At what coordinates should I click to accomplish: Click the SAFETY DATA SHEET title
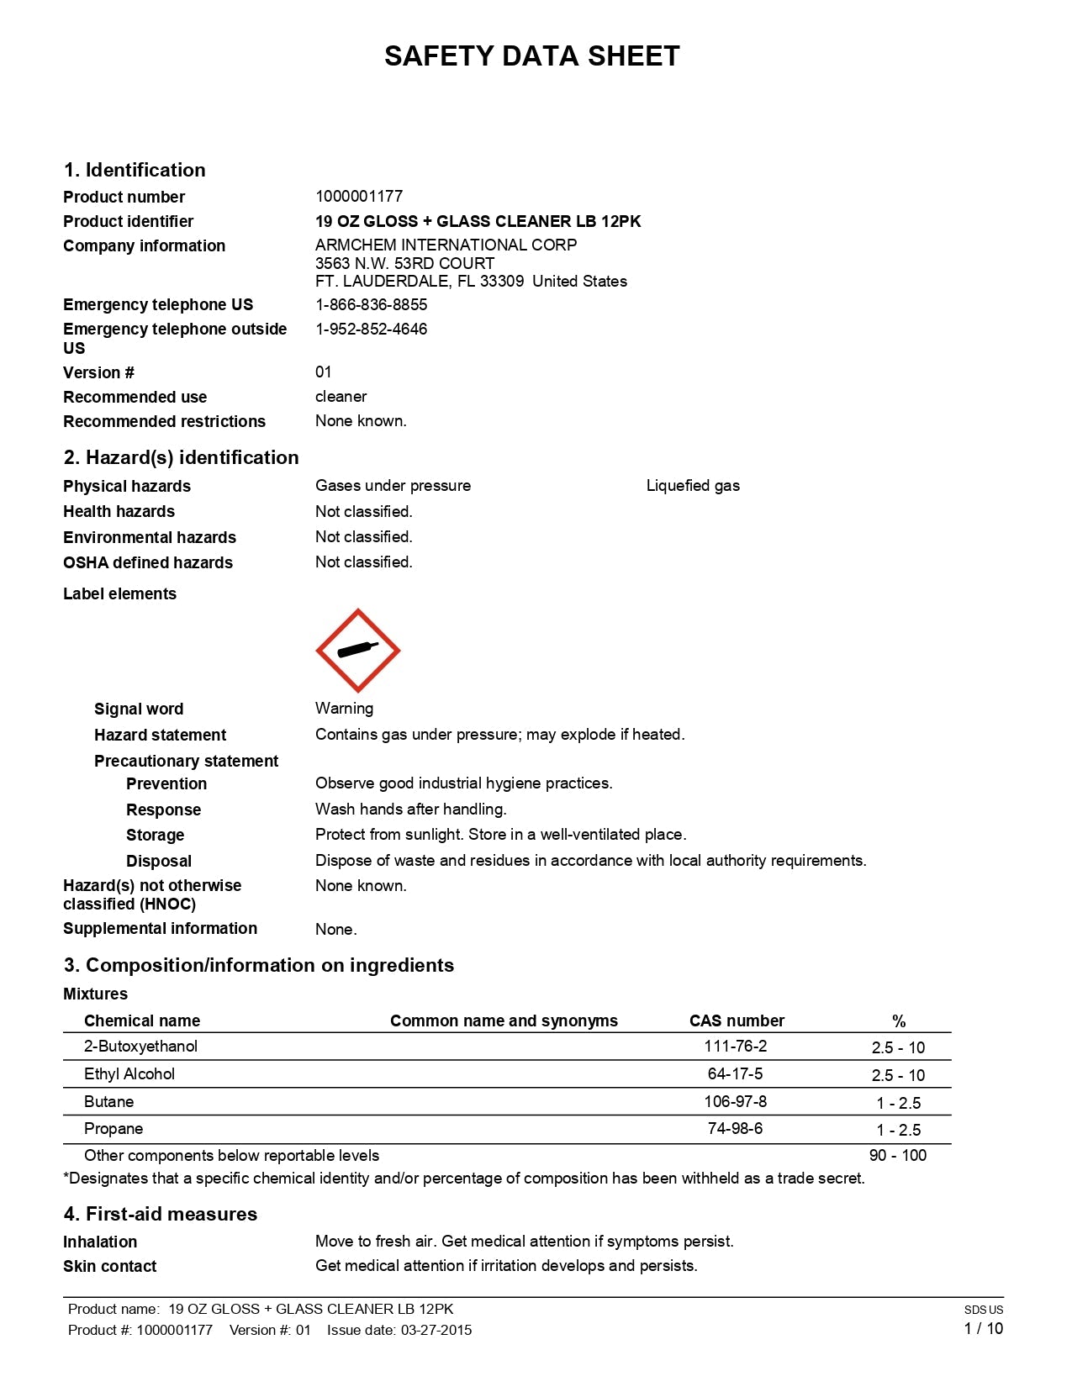531,56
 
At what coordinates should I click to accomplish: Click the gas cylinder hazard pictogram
357,650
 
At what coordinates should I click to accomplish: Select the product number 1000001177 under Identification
359,197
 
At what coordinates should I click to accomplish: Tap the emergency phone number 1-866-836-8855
371,304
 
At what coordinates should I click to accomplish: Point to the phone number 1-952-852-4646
371,329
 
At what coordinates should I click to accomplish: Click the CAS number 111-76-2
735,1047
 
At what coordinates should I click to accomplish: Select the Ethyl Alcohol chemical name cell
129,1074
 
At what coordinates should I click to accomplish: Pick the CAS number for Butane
735,1101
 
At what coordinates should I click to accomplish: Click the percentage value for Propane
898,1130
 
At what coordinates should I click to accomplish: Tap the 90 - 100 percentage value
897,1156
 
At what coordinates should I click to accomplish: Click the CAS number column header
737,1020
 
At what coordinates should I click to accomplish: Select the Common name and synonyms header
504,1020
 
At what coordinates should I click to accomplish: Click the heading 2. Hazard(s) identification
181,457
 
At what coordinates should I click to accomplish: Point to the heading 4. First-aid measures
160,1214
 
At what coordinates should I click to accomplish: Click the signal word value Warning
344,709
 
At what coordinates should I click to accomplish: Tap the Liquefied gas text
693,486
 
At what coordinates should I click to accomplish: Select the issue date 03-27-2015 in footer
436,1330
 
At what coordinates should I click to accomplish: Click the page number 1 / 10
983,1329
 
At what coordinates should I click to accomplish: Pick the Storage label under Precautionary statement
155,836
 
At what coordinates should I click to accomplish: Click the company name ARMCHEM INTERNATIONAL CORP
446,245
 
